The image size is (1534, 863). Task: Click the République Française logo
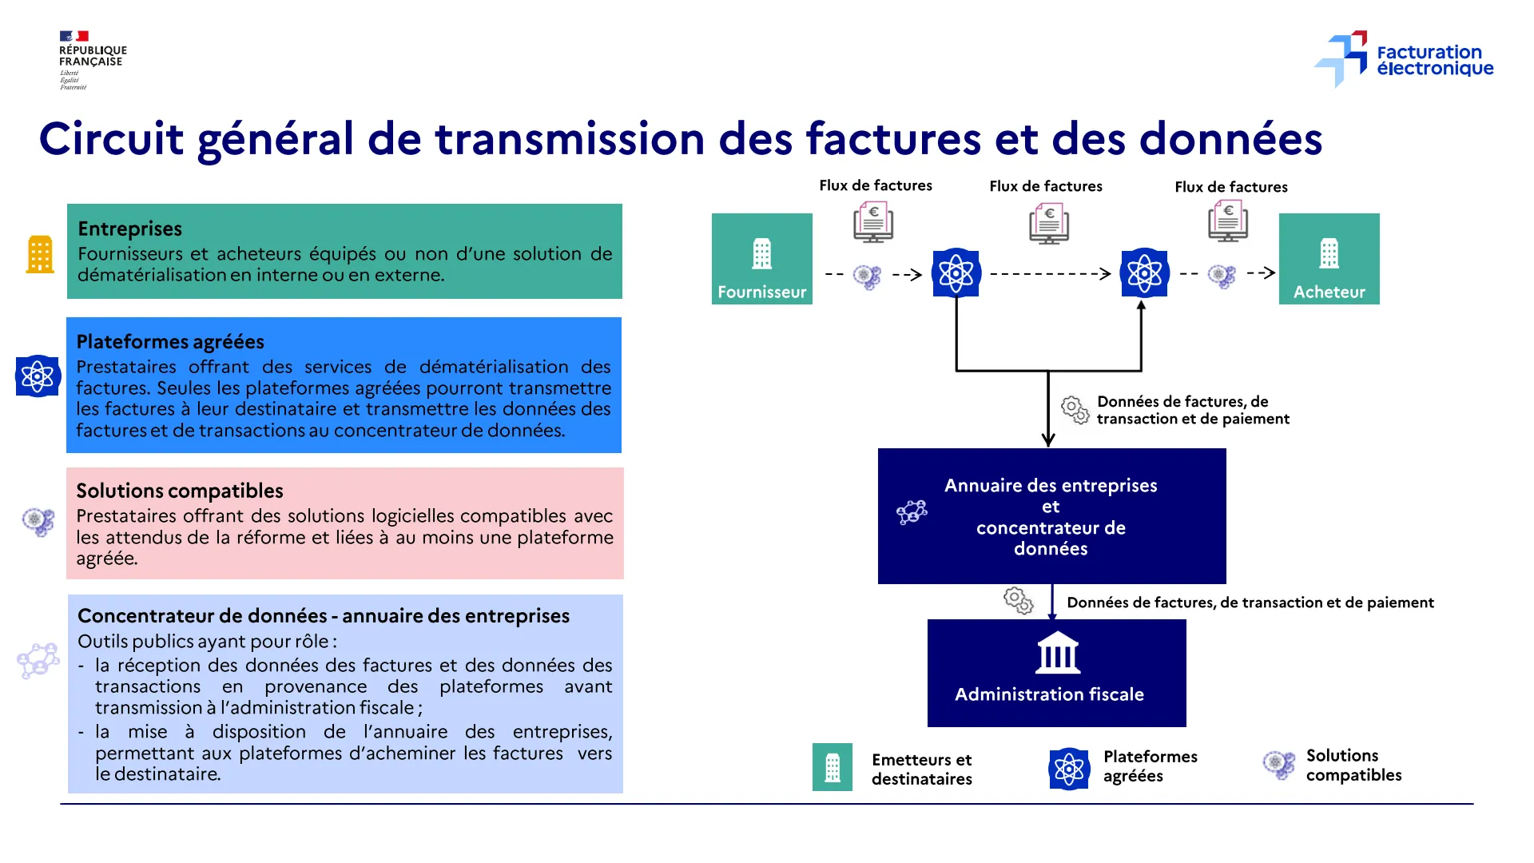(91, 60)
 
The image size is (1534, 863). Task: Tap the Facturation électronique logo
(1405, 59)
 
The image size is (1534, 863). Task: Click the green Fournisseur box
(761, 259)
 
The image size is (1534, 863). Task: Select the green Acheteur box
(1329, 259)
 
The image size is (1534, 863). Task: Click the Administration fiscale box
(1056, 673)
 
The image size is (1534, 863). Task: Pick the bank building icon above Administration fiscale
(1058, 654)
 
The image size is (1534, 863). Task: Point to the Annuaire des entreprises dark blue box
(1051, 516)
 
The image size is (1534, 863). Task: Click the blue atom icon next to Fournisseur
(956, 273)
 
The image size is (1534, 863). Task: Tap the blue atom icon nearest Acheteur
(1144, 273)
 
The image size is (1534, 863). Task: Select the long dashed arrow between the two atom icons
(1050, 274)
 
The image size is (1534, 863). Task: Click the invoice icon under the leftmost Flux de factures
(873, 222)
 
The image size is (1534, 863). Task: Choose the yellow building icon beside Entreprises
(40, 255)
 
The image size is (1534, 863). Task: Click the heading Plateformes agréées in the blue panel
(170, 342)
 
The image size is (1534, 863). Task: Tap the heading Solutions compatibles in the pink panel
(180, 491)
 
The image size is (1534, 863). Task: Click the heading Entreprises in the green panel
(130, 229)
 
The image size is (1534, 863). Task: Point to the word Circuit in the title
(111, 139)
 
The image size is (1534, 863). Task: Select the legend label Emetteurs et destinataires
(921, 769)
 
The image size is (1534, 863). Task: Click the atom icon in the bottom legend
(1069, 769)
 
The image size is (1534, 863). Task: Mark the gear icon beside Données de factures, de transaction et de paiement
(1018, 600)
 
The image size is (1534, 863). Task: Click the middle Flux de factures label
(1045, 186)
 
